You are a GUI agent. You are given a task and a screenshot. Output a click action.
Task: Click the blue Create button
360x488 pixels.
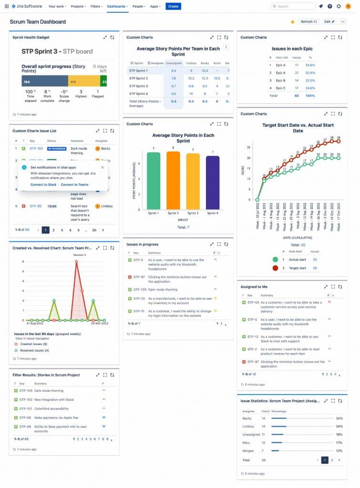(173, 6)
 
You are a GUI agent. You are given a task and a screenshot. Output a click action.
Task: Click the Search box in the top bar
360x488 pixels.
(293, 6)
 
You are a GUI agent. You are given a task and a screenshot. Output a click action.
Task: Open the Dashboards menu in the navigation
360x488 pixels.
(116, 6)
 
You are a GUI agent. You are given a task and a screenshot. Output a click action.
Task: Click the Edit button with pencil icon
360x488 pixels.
(329, 21)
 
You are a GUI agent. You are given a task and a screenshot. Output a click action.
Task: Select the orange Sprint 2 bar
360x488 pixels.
(173, 180)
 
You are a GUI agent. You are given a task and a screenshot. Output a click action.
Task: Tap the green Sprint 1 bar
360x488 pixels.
(153, 181)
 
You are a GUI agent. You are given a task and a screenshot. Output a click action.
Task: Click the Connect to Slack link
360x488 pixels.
(43, 184)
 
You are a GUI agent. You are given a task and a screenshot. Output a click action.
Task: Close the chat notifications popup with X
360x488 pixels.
(103, 167)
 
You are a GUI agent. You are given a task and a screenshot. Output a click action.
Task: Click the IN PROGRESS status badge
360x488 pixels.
(56, 149)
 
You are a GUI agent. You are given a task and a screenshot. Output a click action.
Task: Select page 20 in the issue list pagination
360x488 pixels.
(94, 230)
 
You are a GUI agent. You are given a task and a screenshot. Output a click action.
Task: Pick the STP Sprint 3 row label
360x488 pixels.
(138, 86)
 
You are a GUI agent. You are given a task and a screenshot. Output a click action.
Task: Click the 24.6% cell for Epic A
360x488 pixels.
(310, 65)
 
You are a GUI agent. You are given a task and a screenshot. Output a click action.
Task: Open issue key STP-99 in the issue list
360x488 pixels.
(35, 206)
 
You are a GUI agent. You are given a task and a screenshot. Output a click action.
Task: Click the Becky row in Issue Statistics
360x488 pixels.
(247, 418)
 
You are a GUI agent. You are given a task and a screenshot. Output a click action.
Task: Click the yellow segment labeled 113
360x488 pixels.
(84, 81)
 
